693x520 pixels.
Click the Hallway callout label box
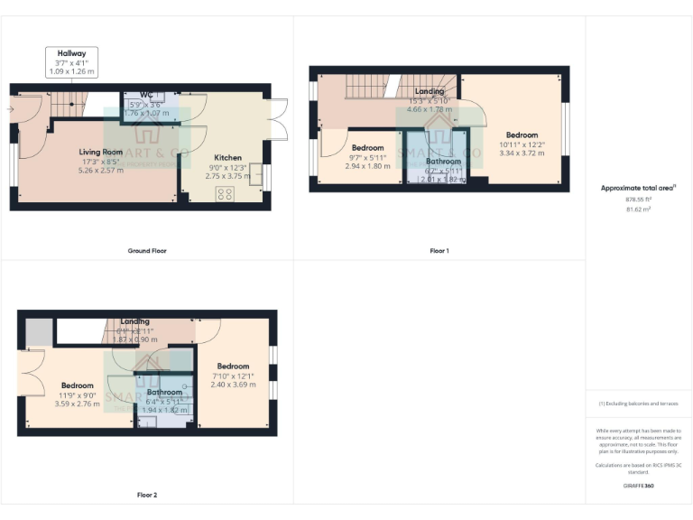point(72,62)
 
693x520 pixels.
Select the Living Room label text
point(99,153)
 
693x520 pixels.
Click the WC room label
point(146,94)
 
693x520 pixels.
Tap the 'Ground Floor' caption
point(146,250)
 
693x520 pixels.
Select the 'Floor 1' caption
point(439,250)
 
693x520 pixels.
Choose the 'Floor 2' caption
point(146,495)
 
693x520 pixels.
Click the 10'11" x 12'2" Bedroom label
point(522,135)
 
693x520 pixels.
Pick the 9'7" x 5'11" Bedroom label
point(367,147)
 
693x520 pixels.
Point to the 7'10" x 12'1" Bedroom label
point(233,366)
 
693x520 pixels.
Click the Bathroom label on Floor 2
point(164,393)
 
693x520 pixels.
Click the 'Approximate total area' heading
point(638,188)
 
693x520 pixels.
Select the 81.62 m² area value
point(638,209)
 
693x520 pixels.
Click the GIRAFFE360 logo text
point(638,486)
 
